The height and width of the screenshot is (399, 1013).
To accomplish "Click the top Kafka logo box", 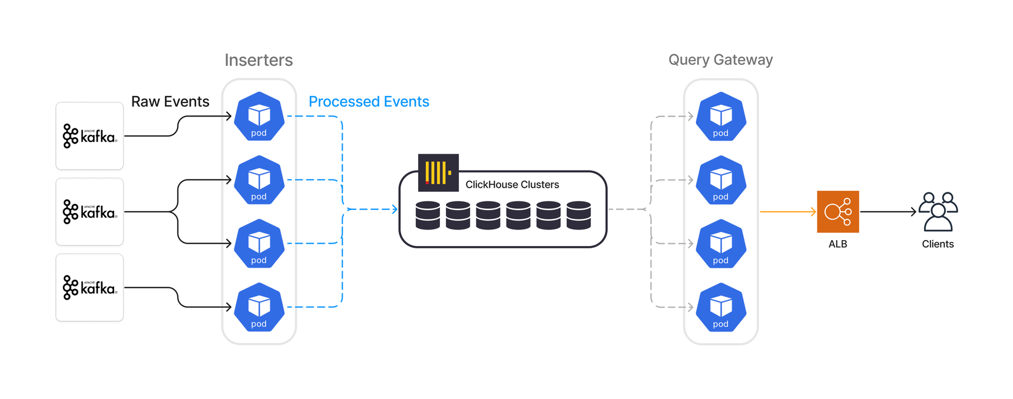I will point(90,136).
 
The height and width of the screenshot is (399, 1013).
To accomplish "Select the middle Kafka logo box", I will point(90,212).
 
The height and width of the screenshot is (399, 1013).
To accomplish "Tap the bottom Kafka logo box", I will point(90,288).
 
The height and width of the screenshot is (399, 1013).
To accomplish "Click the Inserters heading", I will point(259,60).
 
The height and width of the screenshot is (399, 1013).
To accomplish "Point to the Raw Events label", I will point(170,102).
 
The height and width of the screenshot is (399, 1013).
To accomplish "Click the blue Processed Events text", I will point(369,102).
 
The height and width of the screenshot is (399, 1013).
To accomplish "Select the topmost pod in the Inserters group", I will point(259,117).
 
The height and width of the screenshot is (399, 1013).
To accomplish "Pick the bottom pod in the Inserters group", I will point(259,307).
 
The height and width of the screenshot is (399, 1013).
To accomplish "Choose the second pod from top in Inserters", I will point(259,180).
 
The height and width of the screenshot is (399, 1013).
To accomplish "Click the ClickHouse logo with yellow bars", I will point(438,173).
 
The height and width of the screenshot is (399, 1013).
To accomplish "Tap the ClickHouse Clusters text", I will point(512,185).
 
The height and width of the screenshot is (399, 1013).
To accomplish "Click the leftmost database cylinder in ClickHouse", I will point(428,215).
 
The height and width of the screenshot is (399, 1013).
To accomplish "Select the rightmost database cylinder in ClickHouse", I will point(578,215).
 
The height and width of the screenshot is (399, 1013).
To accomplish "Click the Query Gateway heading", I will point(720,60).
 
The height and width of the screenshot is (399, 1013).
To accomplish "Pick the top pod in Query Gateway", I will point(721,117).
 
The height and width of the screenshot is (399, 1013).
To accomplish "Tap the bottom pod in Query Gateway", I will point(721,307).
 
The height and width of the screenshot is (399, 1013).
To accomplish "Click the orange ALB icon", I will point(837,211).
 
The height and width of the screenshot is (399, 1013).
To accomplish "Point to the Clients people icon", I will point(938,211).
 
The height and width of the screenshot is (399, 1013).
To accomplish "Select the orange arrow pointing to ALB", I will point(787,211).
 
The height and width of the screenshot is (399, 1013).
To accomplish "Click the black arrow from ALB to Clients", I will point(888,211).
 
